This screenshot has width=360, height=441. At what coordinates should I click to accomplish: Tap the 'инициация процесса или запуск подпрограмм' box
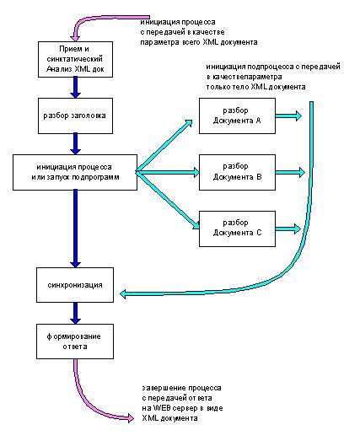(x=74, y=171)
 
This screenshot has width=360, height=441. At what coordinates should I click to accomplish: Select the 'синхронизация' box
(x=74, y=285)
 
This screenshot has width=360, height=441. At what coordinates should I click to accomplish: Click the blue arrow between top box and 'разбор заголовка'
(x=74, y=84)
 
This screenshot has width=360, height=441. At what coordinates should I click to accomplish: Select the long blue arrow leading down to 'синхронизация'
(x=74, y=228)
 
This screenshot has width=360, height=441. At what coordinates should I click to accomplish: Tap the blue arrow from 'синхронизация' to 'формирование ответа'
(x=74, y=312)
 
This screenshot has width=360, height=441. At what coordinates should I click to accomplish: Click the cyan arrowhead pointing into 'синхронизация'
(x=125, y=293)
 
